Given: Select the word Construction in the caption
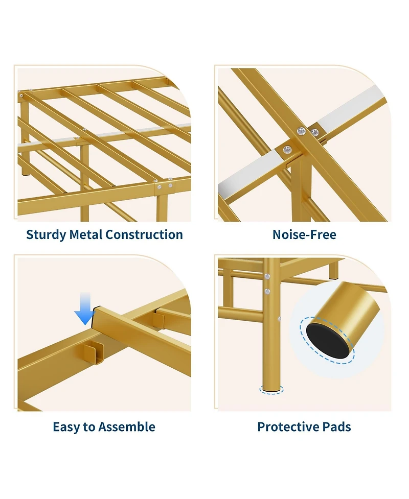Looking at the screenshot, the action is click(x=144, y=234).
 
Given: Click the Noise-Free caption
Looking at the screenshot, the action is click(x=304, y=234).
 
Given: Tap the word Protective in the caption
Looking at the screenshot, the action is click(x=286, y=427).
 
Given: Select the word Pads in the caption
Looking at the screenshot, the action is click(x=334, y=427).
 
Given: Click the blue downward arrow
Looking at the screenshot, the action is click(x=85, y=308).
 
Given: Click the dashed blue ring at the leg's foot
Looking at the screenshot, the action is click(x=271, y=390).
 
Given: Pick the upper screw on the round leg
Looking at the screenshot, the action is click(x=267, y=276).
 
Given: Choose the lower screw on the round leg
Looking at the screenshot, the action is click(x=267, y=291).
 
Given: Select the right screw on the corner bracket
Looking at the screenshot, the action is click(x=170, y=185).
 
